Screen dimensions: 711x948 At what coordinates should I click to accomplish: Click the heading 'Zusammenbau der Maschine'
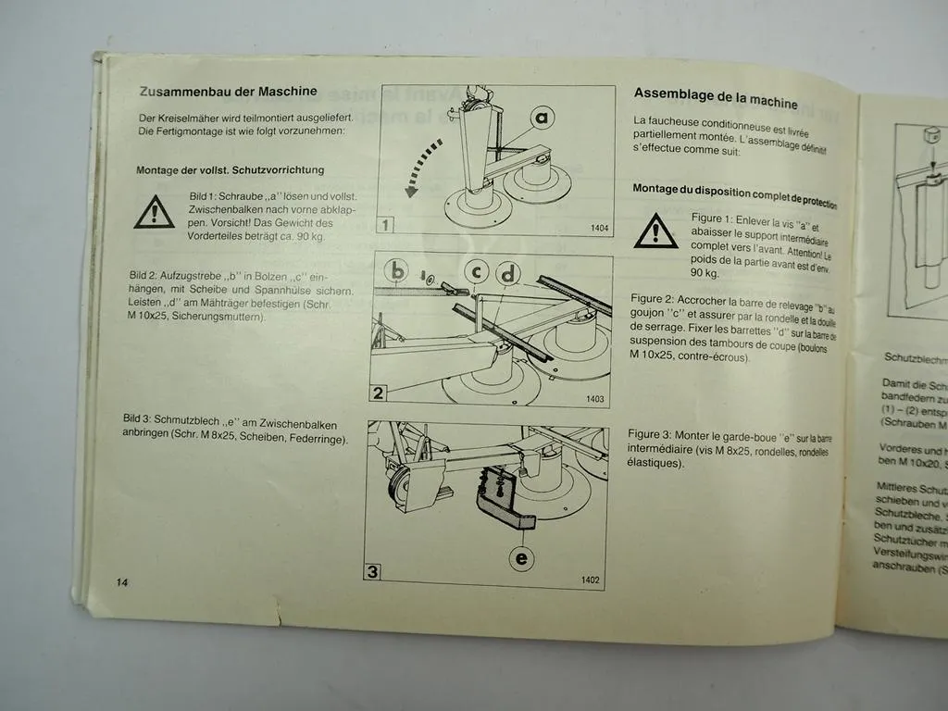pyautogui.click(x=228, y=92)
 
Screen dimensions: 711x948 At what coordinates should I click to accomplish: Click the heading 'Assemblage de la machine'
pyautogui.click(x=716, y=96)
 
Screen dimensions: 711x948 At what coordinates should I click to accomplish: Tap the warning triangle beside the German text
pyautogui.click(x=154, y=214)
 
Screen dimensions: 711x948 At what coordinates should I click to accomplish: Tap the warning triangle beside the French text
pyautogui.click(x=655, y=231)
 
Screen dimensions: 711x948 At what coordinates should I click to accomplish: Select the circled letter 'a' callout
pyautogui.click(x=543, y=117)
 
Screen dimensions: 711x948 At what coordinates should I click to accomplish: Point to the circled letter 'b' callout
pyautogui.click(x=397, y=271)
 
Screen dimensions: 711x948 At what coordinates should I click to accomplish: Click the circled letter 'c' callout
pyautogui.click(x=477, y=271)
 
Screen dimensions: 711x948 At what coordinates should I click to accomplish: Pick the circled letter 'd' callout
pyautogui.click(x=509, y=273)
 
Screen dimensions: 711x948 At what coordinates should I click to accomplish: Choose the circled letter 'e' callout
pyautogui.click(x=523, y=557)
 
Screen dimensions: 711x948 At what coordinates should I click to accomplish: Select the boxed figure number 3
pyautogui.click(x=372, y=571)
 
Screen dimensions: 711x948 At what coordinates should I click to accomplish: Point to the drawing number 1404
pyautogui.click(x=599, y=228)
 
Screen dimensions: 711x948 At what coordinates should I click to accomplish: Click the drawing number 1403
pyautogui.click(x=594, y=399)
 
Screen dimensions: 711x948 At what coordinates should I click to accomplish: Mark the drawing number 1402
pyautogui.click(x=590, y=580)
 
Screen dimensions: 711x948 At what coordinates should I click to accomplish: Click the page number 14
pyautogui.click(x=123, y=582)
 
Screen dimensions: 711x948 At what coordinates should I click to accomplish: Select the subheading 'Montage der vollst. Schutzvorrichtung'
pyautogui.click(x=230, y=170)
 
